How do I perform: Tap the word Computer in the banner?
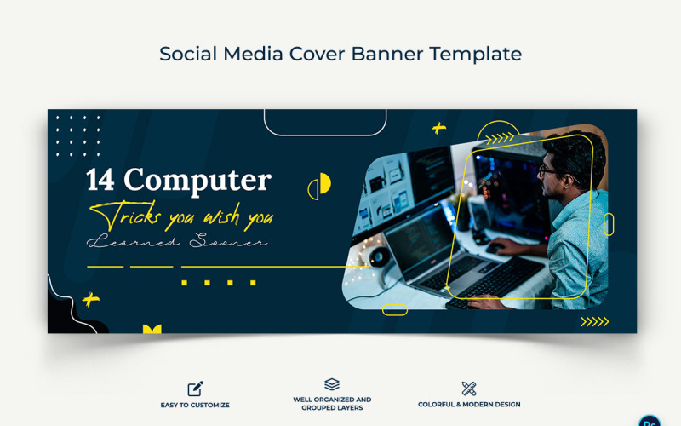pos(197,181)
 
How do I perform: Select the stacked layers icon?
pos(332,385)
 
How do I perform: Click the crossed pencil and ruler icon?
pos(468,389)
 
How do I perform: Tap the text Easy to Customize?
pos(195,405)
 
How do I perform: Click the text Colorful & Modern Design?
pos(469,405)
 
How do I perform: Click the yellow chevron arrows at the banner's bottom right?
pos(594,321)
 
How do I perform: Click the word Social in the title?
pos(188,54)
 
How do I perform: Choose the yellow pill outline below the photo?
pos(395,310)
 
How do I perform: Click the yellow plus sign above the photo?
pos(438,129)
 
